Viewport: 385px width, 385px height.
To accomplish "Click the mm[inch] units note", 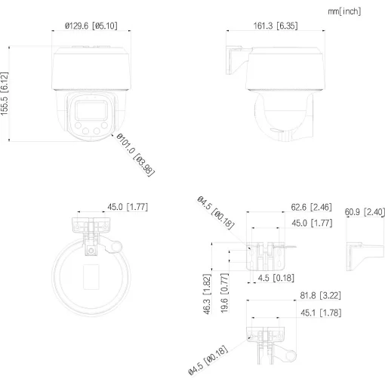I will click(x=346, y=11).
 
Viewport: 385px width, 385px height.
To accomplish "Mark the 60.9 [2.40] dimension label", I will click(x=365, y=212).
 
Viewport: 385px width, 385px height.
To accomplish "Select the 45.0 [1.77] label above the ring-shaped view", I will click(x=127, y=206).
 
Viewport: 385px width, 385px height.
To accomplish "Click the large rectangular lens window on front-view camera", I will click(x=89, y=112).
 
